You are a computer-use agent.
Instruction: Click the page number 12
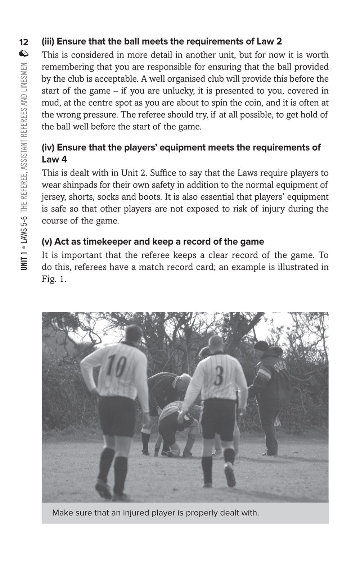[x=25, y=42]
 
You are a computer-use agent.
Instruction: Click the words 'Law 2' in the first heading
[x=269, y=41]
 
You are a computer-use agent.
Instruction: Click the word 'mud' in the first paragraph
[x=49, y=103]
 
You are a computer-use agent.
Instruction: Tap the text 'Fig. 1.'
[x=54, y=279]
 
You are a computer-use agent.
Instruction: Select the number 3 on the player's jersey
[x=219, y=376]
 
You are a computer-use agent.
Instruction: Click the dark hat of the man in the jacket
[x=261, y=346]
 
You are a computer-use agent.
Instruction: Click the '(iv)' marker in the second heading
[x=48, y=147]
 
